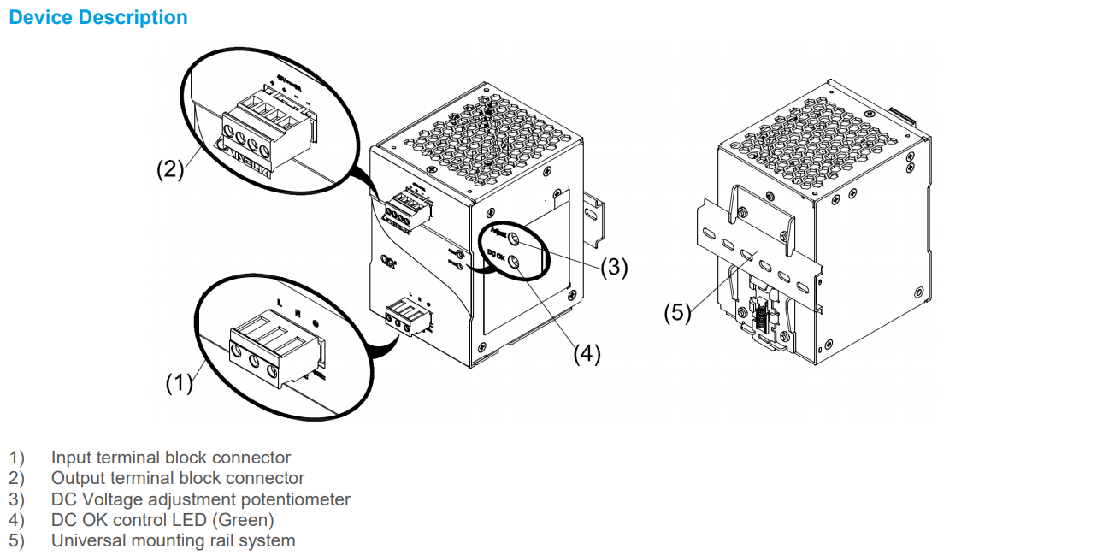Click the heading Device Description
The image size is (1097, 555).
coord(97,17)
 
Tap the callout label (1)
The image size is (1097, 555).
coord(180,384)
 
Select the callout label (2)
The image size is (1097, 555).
coord(170,169)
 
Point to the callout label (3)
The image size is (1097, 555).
coord(614,268)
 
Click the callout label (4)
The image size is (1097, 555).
coord(587,354)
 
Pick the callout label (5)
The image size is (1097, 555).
coord(677,313)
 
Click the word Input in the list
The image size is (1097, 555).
coord(70,458)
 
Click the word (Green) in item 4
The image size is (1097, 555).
coord(245,520)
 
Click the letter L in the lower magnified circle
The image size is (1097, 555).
coord(280,302)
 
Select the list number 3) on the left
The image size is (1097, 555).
coord(17,499)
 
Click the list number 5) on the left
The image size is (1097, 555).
coord(17,540)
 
